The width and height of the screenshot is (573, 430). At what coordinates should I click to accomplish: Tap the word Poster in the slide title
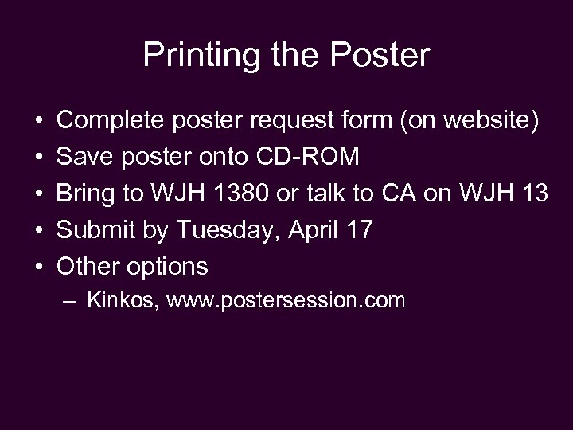384,55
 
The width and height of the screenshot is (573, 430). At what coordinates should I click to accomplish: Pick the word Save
82,157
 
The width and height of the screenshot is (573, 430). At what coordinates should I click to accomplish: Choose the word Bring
86,193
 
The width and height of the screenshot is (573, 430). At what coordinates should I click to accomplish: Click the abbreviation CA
415,193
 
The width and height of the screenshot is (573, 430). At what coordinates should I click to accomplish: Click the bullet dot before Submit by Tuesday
38,230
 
